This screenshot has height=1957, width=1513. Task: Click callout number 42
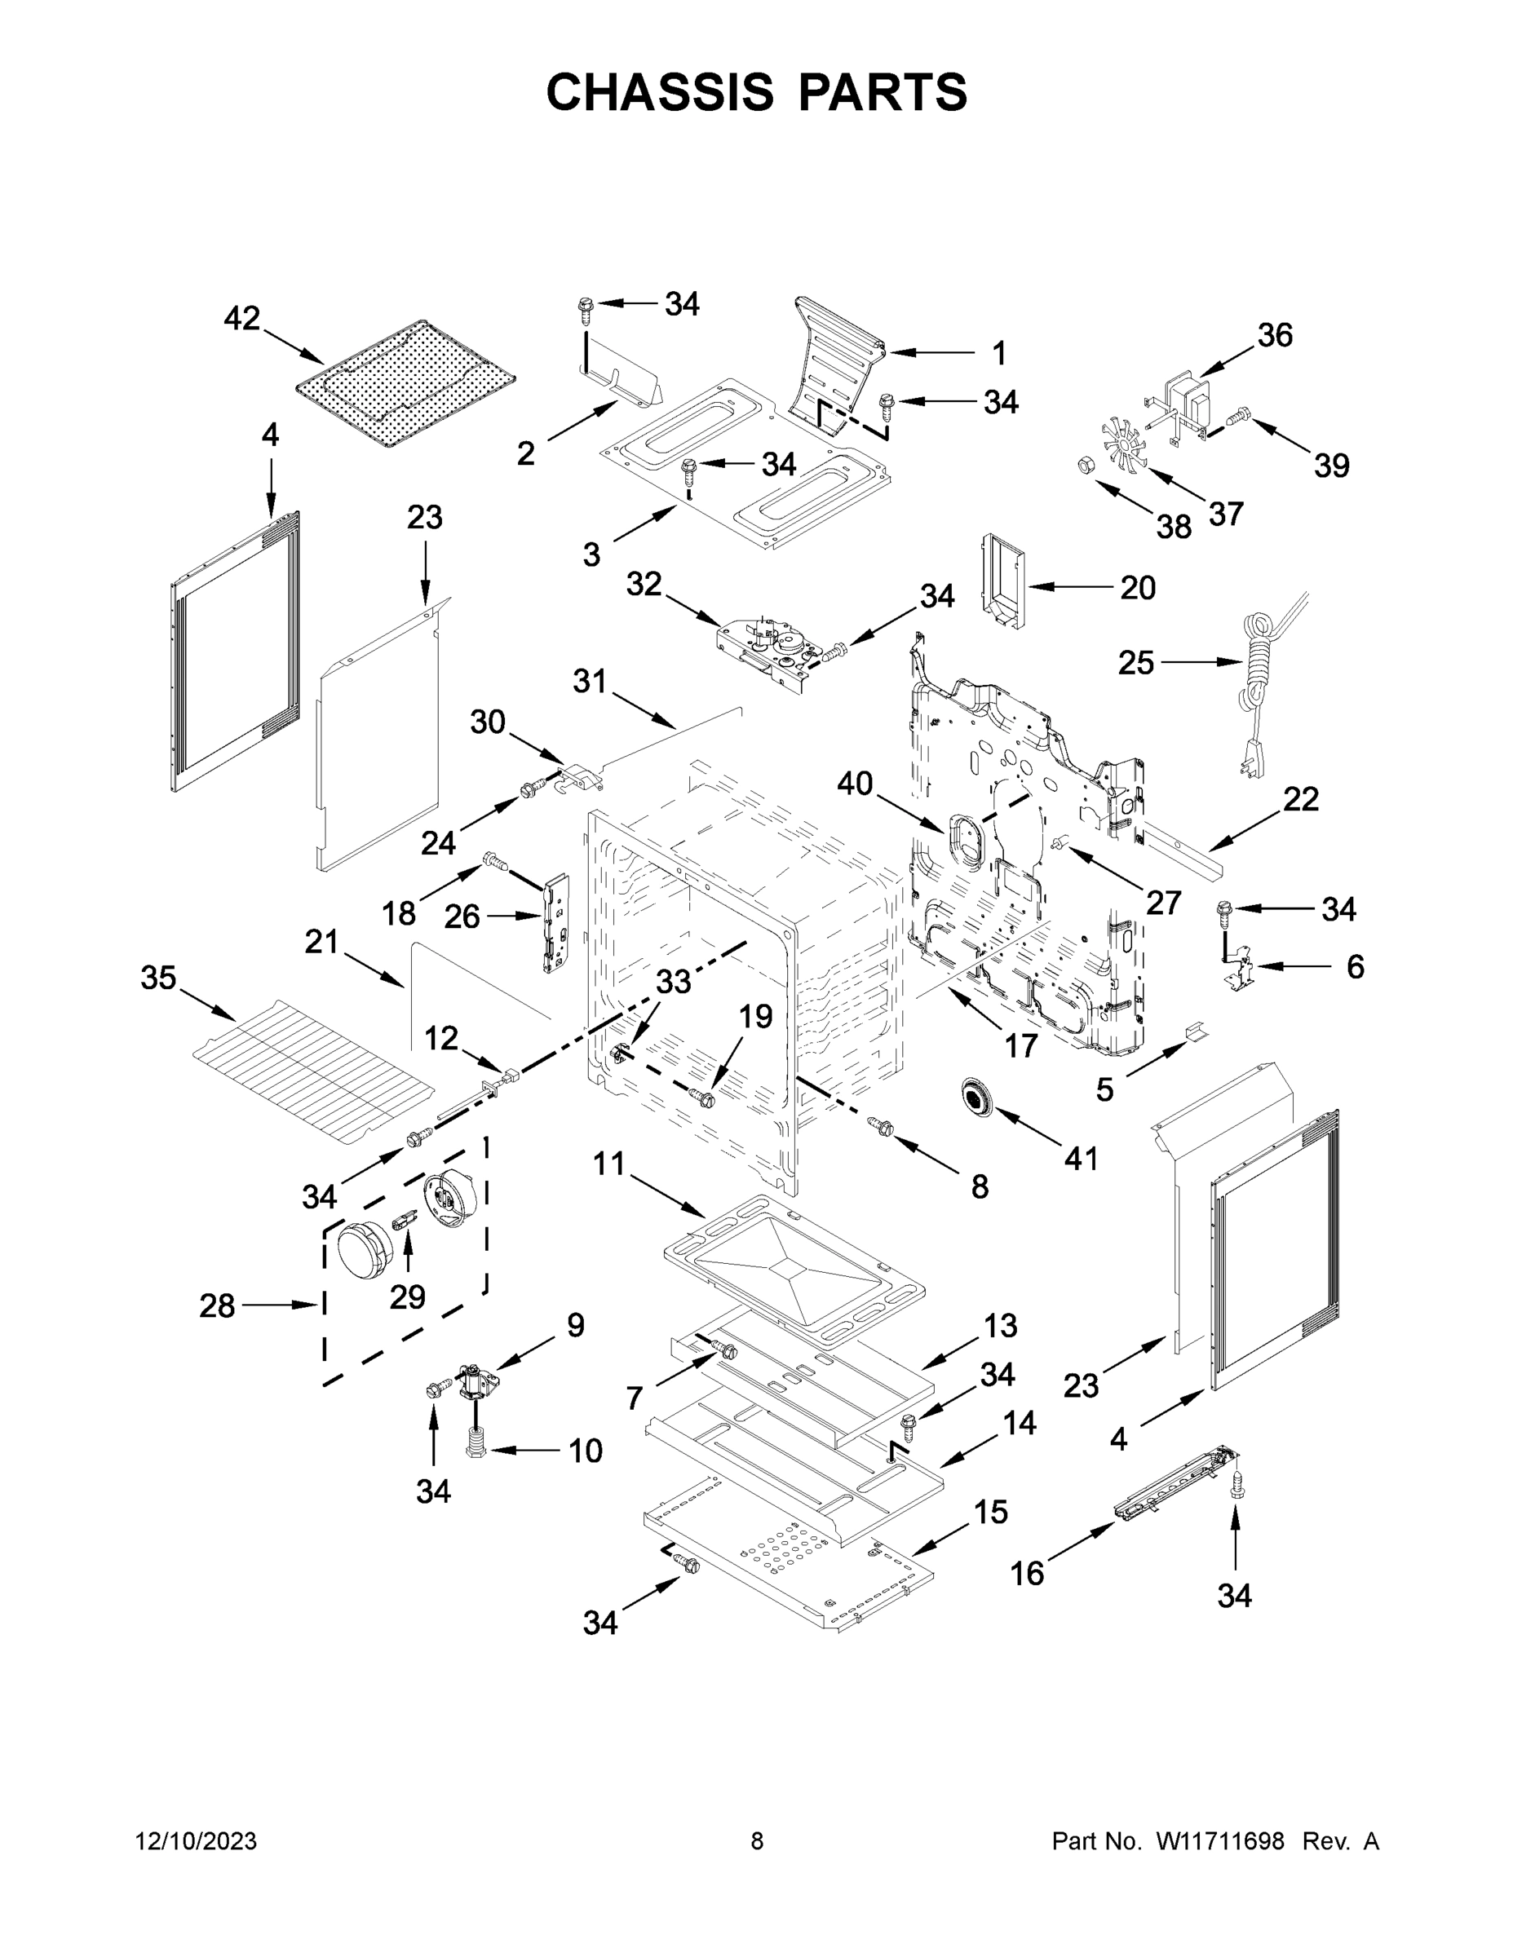coord(241,317)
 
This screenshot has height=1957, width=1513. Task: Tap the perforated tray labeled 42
coord(405,386)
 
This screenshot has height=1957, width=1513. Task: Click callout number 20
coord(1138,588)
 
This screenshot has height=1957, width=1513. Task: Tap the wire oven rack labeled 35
coord(314,1071)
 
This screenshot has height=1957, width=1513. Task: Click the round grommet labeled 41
coord(975,1098)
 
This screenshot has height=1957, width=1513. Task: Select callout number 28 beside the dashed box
coord(217,1305)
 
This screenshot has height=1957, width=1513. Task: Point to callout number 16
coord(1027,1573)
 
